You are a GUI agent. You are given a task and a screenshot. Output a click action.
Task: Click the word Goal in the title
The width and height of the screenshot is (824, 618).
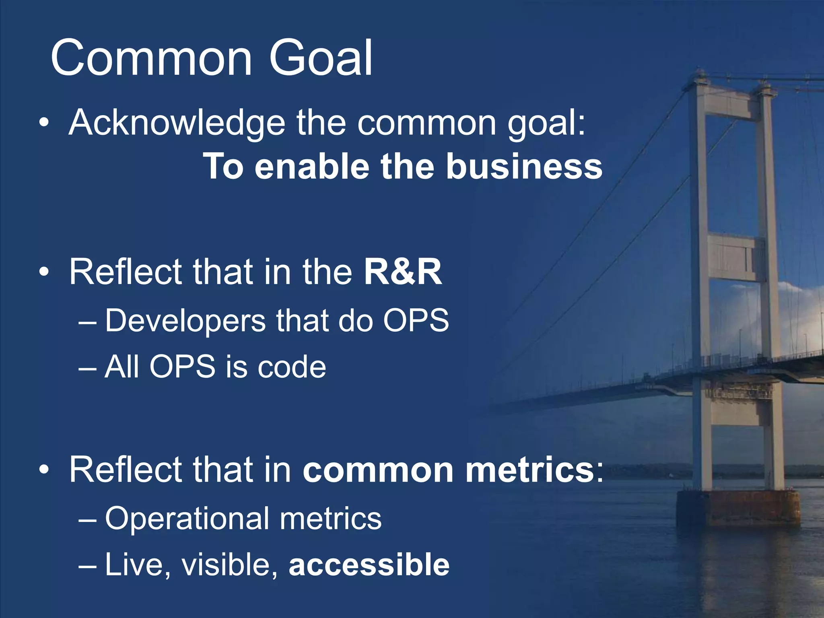click(321, 58)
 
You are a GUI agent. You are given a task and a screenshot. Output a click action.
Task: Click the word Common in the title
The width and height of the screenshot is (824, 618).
click(152, 58)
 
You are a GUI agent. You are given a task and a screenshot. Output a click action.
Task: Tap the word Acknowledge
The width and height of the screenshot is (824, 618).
click(177, 123)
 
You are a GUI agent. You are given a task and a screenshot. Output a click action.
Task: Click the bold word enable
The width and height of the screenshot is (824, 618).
click(312, 167)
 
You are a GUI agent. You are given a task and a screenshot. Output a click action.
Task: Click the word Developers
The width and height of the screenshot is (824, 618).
click(185, 321)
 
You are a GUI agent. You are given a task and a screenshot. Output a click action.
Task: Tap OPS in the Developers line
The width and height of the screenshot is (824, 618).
click(416, 321)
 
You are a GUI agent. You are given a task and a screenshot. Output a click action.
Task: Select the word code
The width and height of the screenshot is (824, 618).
click(292, 367)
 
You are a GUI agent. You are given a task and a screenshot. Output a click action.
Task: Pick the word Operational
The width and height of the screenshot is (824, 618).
click(187, 519)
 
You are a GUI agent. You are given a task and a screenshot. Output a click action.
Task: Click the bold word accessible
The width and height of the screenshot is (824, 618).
click(369, 564)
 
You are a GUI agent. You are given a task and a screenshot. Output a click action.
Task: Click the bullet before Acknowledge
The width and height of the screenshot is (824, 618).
click(44, 123)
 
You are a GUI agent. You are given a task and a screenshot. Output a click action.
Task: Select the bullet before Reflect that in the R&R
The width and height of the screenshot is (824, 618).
click(44, 272)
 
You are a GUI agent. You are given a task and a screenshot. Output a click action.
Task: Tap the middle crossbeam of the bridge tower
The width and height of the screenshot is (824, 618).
click(736, 257)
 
